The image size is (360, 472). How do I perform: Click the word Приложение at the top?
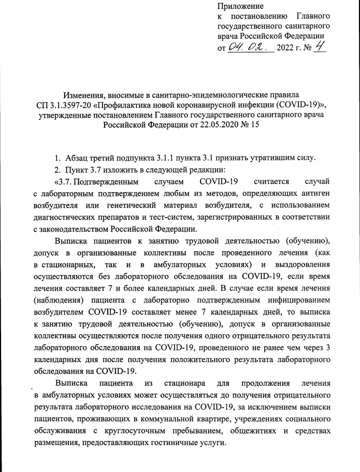coord(240,6)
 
